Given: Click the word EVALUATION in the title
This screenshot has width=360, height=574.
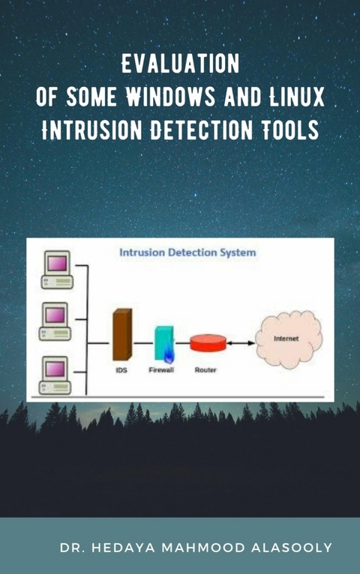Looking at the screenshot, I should (180, 65).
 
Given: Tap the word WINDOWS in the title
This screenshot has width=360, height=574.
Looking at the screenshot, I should (171, 97).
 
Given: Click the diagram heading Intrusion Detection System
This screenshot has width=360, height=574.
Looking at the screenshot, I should (187, 253).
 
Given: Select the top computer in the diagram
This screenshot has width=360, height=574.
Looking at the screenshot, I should (55, 269).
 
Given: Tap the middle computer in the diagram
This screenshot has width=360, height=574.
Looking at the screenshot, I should (55, 320).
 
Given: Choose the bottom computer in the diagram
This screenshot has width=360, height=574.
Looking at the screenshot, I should (55, 372).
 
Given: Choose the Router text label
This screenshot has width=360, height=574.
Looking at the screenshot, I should (205, 370).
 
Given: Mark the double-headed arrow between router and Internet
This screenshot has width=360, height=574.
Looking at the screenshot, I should (240, 343).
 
